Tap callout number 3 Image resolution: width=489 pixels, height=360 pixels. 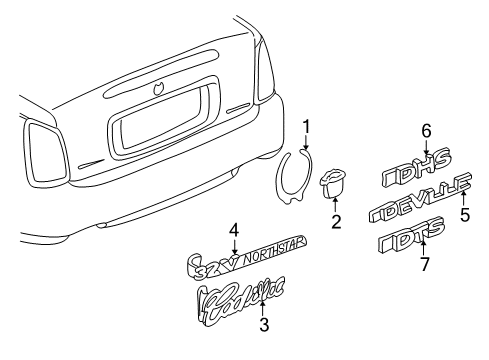point(263,324)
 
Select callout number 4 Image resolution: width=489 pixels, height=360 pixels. point(233,230)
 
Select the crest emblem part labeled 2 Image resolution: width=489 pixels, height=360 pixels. point(332,183)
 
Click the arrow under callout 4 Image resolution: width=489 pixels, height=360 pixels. point(233,244)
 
